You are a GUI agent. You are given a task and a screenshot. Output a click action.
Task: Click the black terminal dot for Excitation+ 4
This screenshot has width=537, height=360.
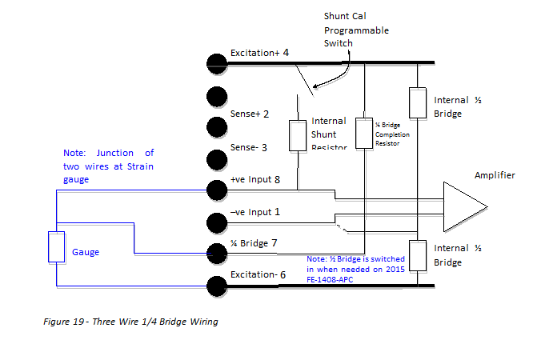click(215, 63)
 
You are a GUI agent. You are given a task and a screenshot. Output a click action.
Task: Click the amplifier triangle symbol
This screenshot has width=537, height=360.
click(463, 206)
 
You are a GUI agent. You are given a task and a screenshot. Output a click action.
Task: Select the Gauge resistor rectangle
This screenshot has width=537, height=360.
click(56, 247)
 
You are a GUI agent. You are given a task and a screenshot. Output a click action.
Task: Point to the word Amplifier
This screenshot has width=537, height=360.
click(495, 176)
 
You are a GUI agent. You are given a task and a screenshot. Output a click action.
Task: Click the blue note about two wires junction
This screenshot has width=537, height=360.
click(108, 166)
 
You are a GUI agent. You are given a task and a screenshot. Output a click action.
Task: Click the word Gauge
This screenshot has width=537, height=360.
click(85, 251)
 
